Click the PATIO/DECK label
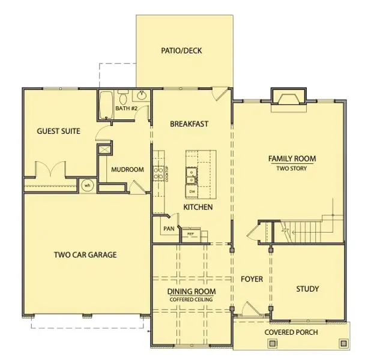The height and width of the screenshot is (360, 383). click(181, 50)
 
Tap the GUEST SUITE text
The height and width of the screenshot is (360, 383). click(58, 131)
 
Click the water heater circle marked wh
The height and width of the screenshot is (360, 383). click(87, 185)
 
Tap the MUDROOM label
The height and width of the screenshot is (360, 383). click(127, 170)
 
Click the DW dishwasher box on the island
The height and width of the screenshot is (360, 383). click(191, 191)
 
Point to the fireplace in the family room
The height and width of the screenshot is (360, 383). click(290, 97)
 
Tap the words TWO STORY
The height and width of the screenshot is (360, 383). click(292, 169)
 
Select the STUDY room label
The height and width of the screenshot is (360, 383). click(307, 289)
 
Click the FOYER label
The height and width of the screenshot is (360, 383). click(252, 279)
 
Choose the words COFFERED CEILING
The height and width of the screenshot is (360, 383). click(191, 299)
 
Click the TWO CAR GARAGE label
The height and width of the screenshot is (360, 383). click(85, 254)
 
